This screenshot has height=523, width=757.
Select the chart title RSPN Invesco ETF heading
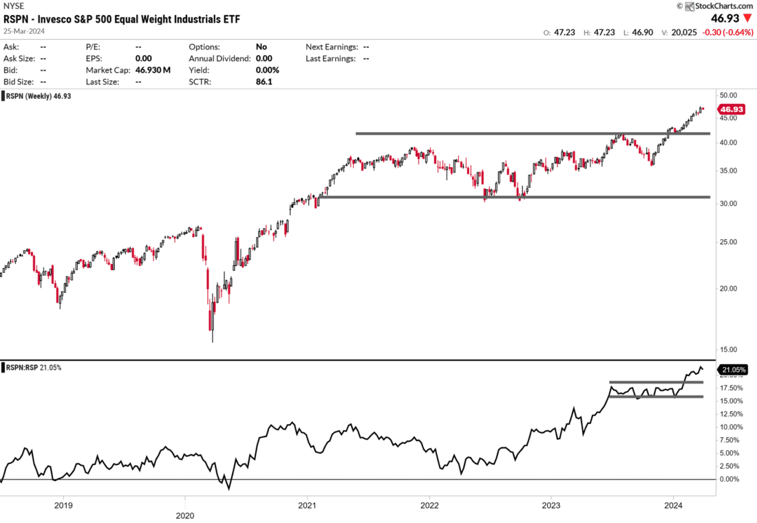[x=123, y=19]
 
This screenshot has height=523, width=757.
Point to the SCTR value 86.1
[x=264, y=82]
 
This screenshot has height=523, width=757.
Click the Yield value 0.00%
[x=267, y=70]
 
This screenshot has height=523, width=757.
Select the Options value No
[x=262, y=47]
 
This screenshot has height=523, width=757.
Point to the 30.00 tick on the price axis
[x=729, y=204]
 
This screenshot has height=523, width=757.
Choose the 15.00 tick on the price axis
[x=729, y=349]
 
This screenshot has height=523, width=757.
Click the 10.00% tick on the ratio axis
[x=731, y=427]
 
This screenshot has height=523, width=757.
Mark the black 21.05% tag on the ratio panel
[x=732, y=370]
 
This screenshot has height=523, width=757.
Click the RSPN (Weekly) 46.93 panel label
[x=39, y=96]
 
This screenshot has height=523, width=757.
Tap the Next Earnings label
[x=331, y=47]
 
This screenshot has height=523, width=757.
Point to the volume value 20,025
[x=674, y=32]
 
